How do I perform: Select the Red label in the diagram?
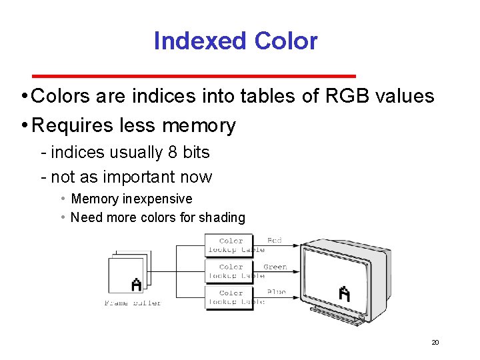[274, 240]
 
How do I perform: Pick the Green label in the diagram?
[275, 267]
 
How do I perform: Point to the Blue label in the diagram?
[276, 292]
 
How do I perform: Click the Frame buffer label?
[133, 303]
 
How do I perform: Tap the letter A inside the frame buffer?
[137, 285]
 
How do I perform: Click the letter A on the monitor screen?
[345, 293]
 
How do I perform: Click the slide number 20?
[435, 343]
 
